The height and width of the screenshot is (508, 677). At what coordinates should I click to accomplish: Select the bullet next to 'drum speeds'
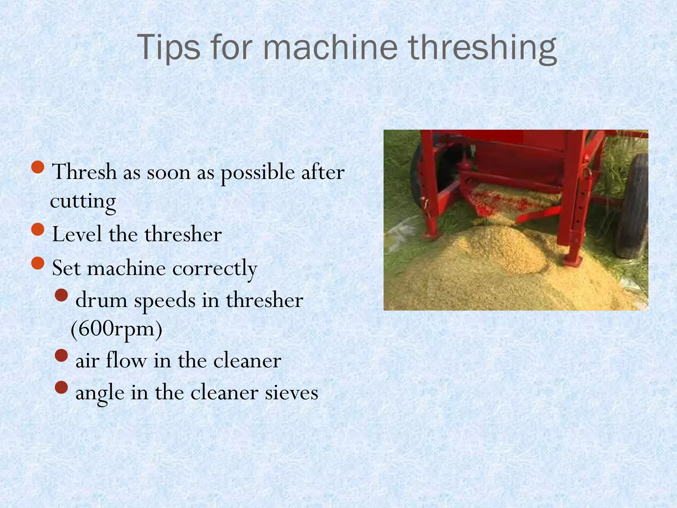click(61, 295)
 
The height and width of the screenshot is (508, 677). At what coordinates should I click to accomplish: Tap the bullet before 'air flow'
click(61, 356)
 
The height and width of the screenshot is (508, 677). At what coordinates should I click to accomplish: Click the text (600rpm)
click(116, 329)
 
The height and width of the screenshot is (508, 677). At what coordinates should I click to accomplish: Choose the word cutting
click(83, 201)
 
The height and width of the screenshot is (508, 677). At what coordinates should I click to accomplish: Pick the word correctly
click(215, 269)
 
